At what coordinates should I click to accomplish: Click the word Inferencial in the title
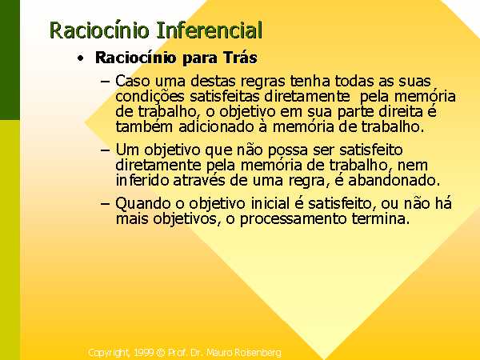[x=210, y=30]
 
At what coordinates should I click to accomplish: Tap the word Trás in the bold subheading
[x=240, y=58]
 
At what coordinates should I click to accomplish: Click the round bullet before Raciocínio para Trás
[x=80, y=58]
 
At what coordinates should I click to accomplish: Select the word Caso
[x=133, y=81]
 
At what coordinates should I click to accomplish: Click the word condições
[x=150, y=97]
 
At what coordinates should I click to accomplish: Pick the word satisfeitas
[x=225, y=96]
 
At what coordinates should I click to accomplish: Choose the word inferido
[x=142, y=180]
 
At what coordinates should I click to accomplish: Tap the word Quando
[x=142, y=204]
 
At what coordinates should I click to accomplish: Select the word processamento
[x=293, y=219]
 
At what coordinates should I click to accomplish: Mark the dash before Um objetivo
[x=105, y=150]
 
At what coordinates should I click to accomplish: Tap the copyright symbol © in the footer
[x=161, y=353]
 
